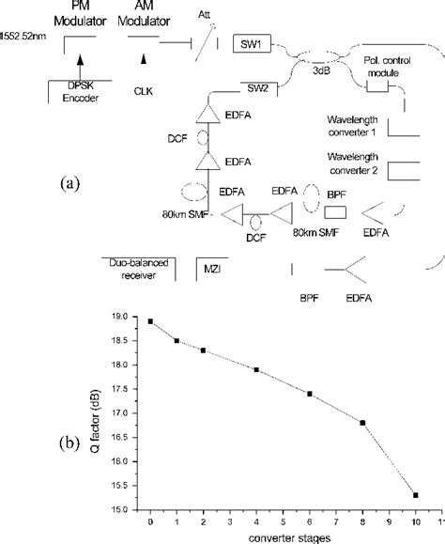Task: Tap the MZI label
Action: click(x=214, y=272)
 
